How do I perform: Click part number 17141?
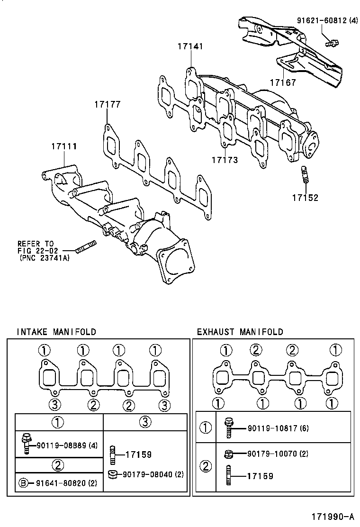tap(190, 46)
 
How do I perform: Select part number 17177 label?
tap(107, 104)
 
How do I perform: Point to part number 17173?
tap(225, 160)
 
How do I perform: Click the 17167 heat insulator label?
tap(283, 82)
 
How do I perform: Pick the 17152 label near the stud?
tap(305, 198)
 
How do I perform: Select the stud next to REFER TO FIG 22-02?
tap(86, 246)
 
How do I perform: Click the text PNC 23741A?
tap(44, 258)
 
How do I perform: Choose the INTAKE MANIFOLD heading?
tap(56, 332)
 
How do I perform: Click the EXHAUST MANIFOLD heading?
tap(240, 332)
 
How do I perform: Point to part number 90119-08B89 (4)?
tap(67, 445)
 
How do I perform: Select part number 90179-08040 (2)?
tap(153, 474)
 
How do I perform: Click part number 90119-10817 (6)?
tap(278, 428)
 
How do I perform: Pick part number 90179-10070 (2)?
tap(278, 454)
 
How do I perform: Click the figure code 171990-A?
tap(333, 516)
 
